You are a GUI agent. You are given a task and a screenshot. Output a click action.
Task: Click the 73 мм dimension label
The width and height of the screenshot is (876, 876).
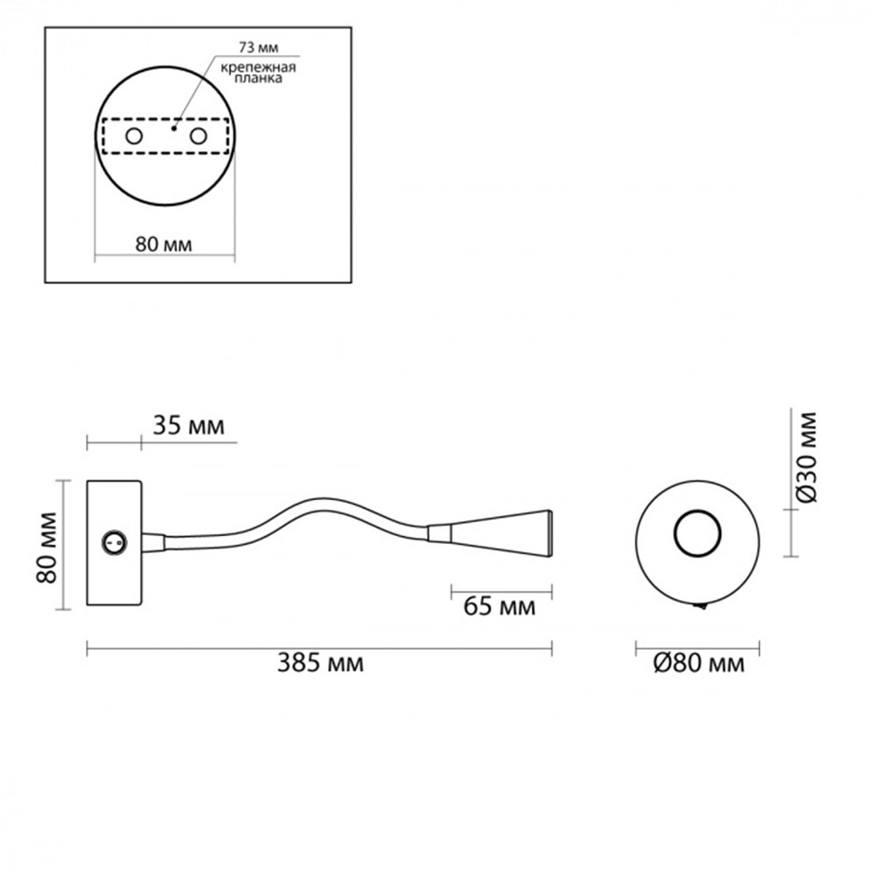point(258,48)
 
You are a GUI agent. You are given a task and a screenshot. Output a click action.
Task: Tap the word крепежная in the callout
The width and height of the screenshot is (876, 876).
point(258,68)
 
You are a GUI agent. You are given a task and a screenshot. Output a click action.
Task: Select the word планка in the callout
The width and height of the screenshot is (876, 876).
point(258,78)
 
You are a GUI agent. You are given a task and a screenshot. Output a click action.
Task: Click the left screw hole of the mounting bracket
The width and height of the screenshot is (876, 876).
point(134,136)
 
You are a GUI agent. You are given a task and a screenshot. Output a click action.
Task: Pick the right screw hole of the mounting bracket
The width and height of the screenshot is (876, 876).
point(198,136)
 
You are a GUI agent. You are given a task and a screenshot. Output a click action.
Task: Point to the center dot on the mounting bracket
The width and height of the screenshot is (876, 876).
point(173,129)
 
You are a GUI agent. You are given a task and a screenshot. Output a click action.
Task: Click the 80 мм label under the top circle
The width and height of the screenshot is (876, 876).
point(164,244)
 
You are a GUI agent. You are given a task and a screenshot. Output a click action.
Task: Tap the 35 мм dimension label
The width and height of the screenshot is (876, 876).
point(189,427)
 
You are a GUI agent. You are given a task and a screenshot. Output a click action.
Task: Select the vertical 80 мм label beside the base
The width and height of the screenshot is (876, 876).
point(47,547)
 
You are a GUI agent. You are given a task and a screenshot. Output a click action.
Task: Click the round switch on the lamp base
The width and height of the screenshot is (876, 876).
point(115,542)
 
